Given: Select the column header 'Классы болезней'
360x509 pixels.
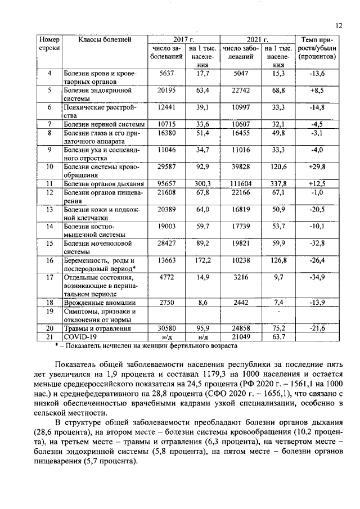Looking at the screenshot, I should [105, 39].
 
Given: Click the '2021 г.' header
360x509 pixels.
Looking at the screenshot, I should [258, 39].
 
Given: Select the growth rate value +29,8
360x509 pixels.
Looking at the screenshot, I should [317, 167].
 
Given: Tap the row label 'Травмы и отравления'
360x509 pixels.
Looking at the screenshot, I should [97, 328].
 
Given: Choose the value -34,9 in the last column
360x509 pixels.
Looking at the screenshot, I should [317, 277].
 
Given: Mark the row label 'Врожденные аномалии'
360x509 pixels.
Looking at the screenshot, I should [98, 302].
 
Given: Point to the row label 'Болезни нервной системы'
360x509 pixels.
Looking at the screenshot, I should [104, 124].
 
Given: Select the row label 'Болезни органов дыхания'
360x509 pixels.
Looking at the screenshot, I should [104, 184].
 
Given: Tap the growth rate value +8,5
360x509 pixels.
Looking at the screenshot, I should [317, 90].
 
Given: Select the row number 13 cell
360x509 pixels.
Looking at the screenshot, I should [49, 210].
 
